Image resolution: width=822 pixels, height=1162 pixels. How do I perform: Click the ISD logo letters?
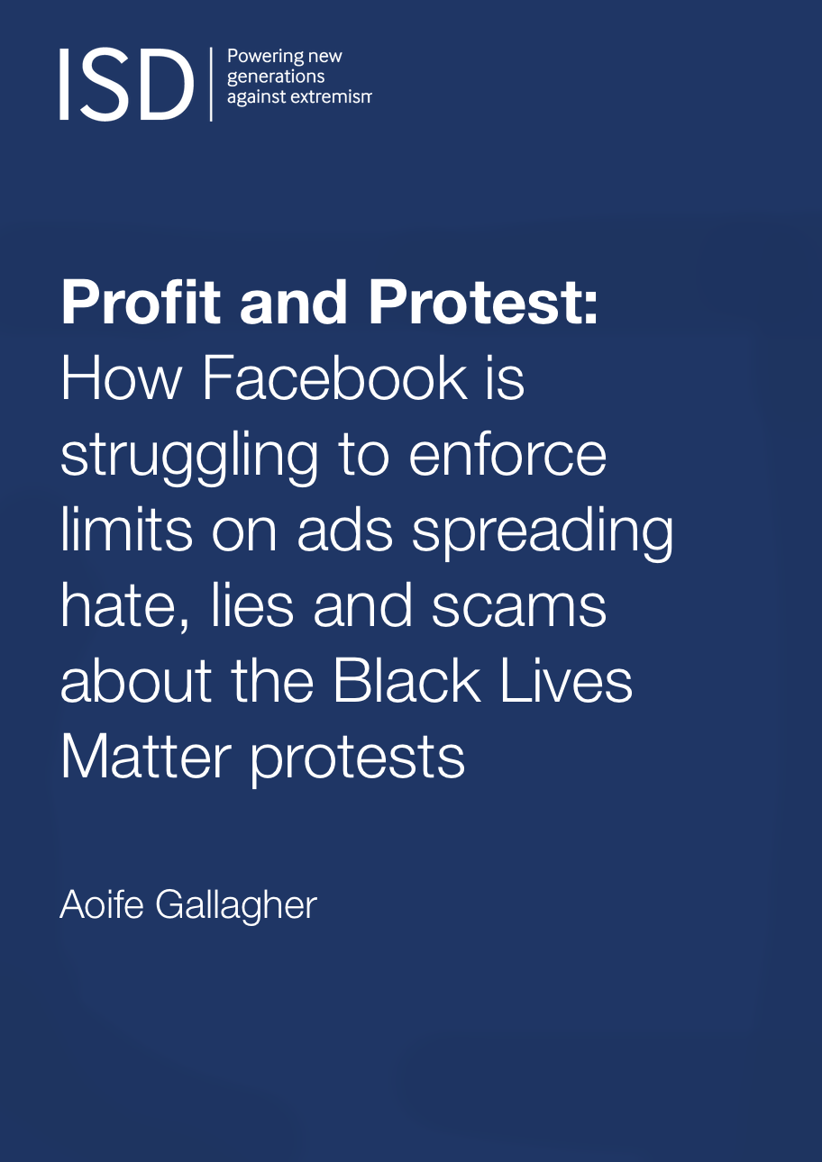click(126, 85)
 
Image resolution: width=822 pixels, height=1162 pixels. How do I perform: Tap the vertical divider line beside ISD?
click(211, 84)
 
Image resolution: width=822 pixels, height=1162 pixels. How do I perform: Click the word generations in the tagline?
click(276, 77)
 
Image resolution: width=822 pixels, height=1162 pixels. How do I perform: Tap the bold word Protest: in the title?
click(483, 303)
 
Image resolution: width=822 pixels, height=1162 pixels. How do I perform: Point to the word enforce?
click(507, 456)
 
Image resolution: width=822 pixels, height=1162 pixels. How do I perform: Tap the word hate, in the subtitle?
click(125, 608)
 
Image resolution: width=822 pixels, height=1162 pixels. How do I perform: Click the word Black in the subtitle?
click(406, 682)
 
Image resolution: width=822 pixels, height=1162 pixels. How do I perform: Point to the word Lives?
click(566, 682)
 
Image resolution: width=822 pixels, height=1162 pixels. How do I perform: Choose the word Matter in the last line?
click(146, 758)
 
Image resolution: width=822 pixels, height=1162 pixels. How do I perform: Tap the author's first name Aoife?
click(102, 904)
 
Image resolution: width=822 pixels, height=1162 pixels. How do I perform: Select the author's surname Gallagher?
click(236, 907)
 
